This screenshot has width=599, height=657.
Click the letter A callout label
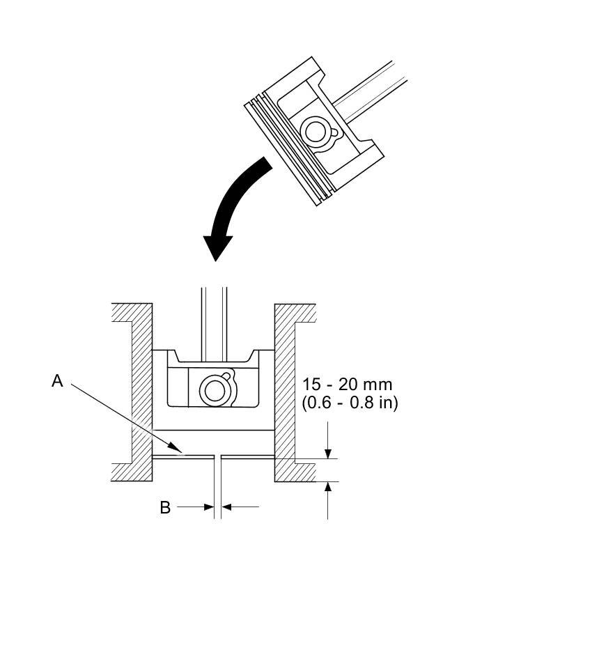(x=58, y=381)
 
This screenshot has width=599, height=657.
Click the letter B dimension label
(x=165, y=508)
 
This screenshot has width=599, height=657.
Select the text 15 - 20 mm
(x=347, y=385)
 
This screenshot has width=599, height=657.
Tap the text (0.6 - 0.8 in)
(x=350, y=403)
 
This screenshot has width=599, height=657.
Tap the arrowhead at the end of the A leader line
(x=178, y=451)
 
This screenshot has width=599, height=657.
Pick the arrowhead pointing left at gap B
(x=227, y=507)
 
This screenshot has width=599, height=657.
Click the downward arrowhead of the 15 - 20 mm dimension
(x=328, y=453)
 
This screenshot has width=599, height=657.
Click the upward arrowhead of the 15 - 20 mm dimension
(x=328, y=487)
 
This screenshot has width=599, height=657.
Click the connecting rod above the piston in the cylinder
(x=214, y=317)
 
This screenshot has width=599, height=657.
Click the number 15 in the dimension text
(x=310, y=385)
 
